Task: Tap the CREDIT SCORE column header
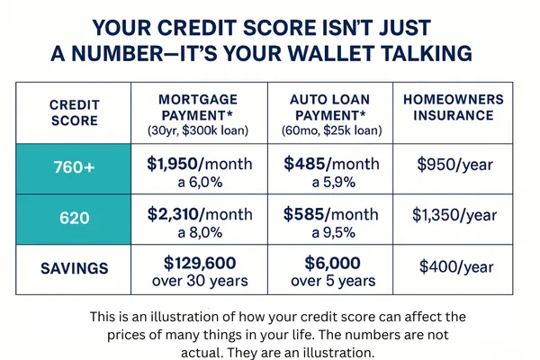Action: (x=75, y=112)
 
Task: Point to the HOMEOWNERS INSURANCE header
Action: (x=454, y=107)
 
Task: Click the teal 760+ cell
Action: (x=74, y=169)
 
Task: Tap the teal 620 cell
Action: (x=74, y=219)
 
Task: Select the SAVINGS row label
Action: (x=75, y=268)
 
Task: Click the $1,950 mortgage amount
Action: (x=173, y=164)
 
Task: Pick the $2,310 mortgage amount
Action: (x=173, y=214)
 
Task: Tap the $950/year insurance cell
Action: (x=454, y=165)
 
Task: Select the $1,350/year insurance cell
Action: (x=454, y=215)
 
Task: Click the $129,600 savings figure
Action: (x=200, y=263)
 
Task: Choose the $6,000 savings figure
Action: (x=333, y=263)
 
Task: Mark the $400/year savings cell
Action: (x=456, y=267)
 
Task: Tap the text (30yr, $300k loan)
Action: (x=198, y=131)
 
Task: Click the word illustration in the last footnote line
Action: (x=338, y=353)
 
